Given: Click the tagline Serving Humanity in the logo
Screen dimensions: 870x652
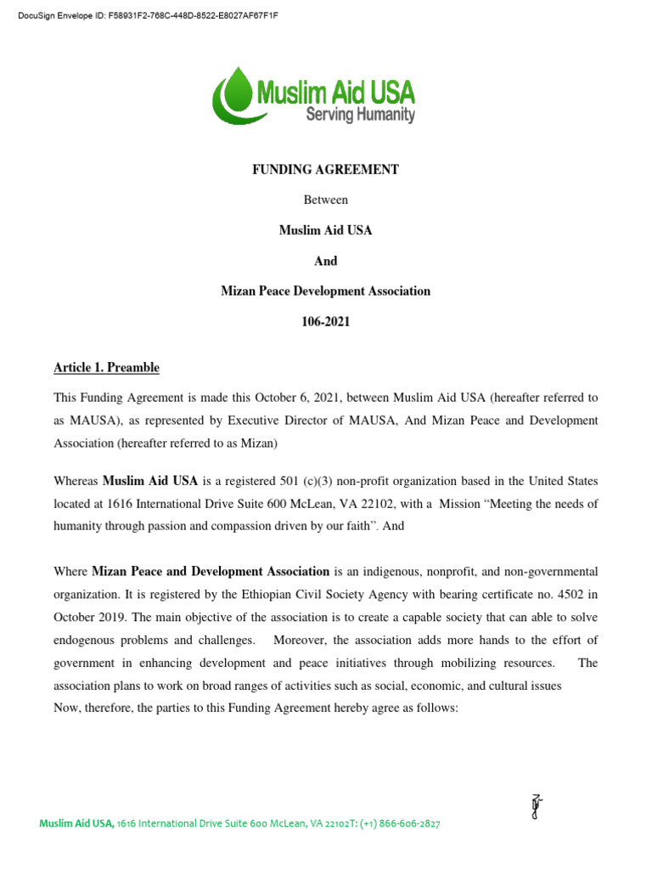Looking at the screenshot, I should pyautogui.click(x=360, y=114).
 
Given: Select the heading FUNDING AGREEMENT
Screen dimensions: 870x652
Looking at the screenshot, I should pyautogui.click(x=325, y=170).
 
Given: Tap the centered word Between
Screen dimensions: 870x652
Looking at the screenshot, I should pyautogui.click(x=325, y=201).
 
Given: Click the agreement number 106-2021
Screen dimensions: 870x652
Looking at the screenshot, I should pyautogui.click(x=325, y=321).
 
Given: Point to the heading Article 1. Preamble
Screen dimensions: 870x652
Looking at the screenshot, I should pyautogui.click(x=106, y=368).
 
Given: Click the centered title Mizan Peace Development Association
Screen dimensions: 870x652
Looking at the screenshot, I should pyautogui.click(x=325, y=291).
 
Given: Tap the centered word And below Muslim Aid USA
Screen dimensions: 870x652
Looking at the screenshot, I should pyautogui.click(x=325, y=261).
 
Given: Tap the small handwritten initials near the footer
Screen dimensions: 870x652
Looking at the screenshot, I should pyautogui.click(x=536, y=805).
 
